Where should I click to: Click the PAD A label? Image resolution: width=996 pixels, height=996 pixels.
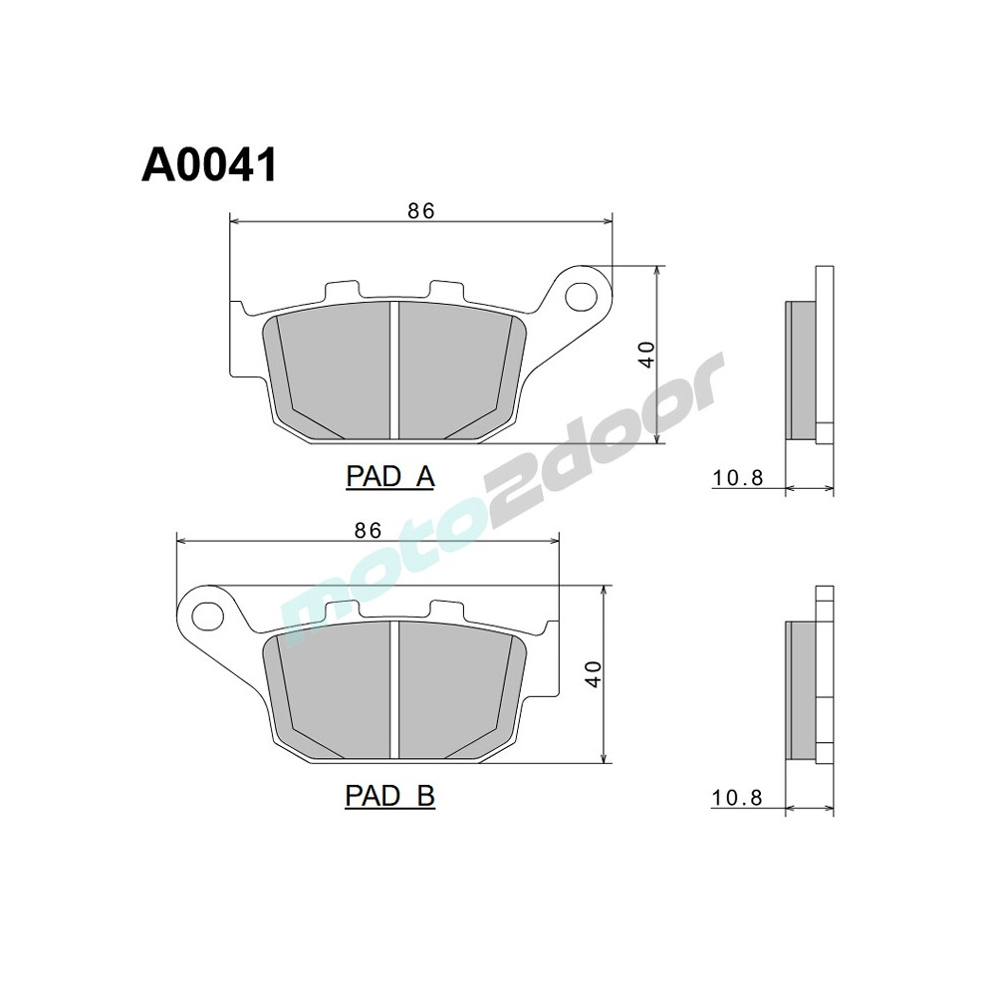(390, 477)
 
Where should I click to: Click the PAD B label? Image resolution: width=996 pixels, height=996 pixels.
(389, 796)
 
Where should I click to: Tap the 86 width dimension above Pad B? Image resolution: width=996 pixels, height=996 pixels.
(368, 530)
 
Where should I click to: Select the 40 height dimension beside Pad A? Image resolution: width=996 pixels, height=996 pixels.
(647, 354)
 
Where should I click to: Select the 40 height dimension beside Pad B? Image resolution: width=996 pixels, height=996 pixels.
(594, 674)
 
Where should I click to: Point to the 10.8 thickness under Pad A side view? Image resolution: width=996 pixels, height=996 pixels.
(737, 479)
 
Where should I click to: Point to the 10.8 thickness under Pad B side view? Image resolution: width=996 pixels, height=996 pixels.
(737, 798)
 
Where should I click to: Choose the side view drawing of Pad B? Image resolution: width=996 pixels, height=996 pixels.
(809, 687)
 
